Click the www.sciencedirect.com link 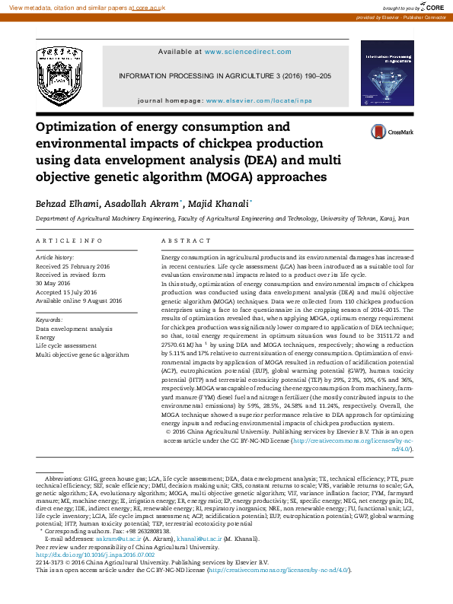pos(247,52)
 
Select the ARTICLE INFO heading pos(69,240)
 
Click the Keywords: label pos(49,320)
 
